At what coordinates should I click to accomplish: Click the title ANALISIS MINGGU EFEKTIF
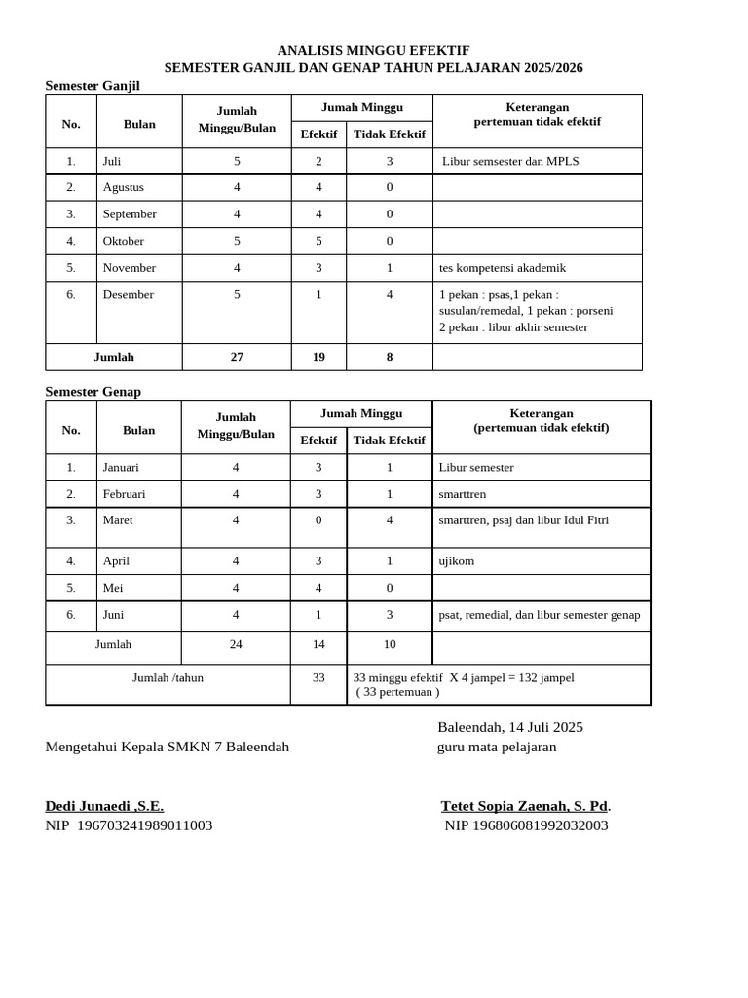tap(373, 50)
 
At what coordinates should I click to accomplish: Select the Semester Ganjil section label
tap(93, 86)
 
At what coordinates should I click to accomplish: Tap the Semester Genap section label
tap(93, 392)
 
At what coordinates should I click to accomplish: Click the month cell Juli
tap(112, 162)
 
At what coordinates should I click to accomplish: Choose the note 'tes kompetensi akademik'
tap(503, 268)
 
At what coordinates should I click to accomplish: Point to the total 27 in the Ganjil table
tap(237, 357)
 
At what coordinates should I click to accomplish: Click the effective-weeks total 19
tap(318, 357)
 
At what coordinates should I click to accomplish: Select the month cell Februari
tap(124, 494)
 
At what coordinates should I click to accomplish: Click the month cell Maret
tap(118, 520)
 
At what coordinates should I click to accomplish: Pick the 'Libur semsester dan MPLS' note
tap(510, 162)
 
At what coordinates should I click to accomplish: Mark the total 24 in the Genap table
tap(236, 644)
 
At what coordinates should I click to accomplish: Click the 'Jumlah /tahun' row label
tap(168, 677)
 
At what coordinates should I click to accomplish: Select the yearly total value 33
tap(318, 677)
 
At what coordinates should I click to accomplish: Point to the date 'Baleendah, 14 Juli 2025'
tap(509, 727)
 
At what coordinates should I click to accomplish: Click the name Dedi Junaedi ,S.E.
tap(104, 806)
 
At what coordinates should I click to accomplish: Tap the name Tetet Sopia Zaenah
tap(524, 806)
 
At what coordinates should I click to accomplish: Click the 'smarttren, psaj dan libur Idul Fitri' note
tap(524, 520)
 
